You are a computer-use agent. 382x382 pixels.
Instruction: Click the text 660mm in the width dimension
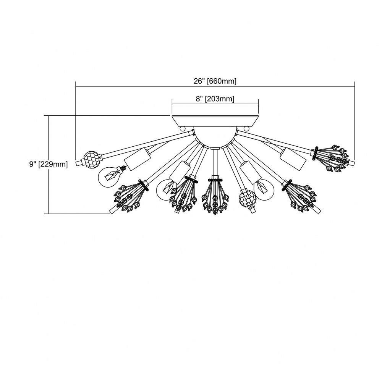pyautogui.click(x=222, y=81)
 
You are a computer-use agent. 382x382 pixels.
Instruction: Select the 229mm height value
pyautogui.click(x=53, y=164)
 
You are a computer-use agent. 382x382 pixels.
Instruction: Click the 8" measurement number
pyautogui.click(x=199, y=99)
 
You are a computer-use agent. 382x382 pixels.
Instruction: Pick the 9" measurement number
pyautogui.click(x=32, y=164)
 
